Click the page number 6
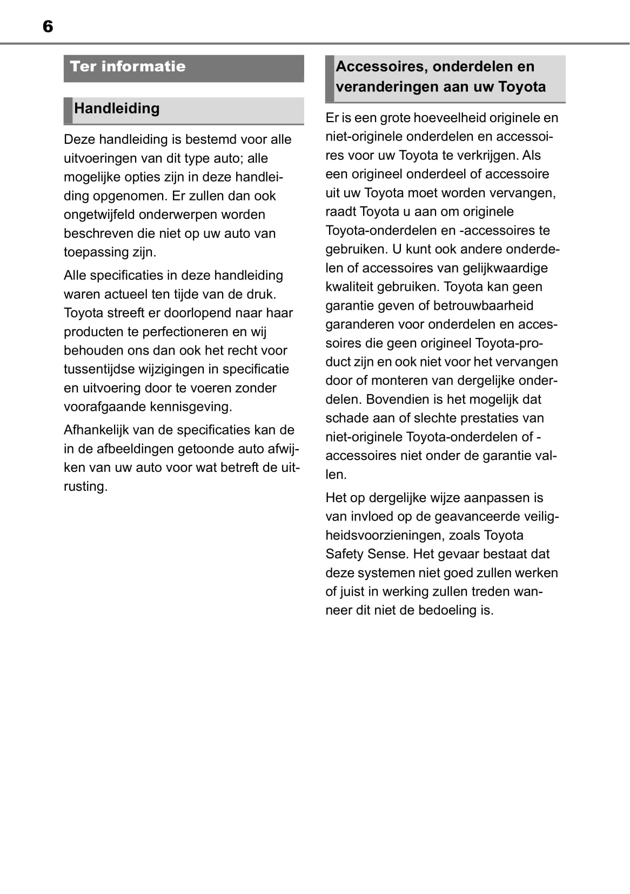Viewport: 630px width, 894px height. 48,26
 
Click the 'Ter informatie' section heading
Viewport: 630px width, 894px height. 128,66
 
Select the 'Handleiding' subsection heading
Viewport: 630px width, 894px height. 117,109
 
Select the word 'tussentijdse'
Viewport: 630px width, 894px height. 99,369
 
